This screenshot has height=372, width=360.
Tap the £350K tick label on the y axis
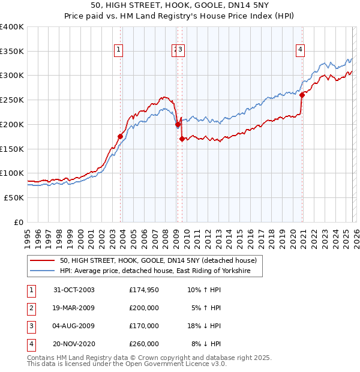(12, 51)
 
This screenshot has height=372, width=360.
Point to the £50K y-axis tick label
(14, 197)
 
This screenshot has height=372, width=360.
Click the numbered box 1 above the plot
(119, 50)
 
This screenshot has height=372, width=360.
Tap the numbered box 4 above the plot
(299, 50)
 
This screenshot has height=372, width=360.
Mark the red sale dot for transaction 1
(120, 137)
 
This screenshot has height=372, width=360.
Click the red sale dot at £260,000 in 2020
(302, 95)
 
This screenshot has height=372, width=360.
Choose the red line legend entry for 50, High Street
(158, 260)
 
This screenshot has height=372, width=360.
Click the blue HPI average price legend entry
(161, 271)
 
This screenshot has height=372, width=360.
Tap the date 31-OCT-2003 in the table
(74, 290)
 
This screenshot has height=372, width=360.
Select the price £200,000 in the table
(144, 308)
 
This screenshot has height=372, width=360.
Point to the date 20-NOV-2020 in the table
(74, 344)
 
